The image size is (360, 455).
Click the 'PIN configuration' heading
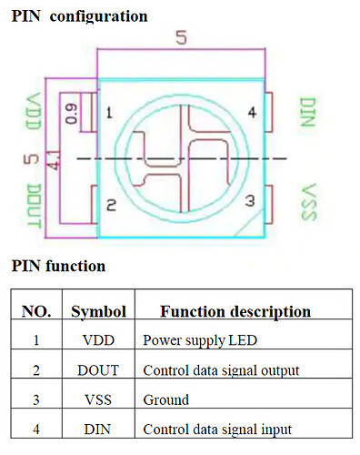pyautogui.click(x=79, y=15)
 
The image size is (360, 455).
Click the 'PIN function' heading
pyautogui.click(x=58, y=267)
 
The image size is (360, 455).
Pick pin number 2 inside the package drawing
pyautogui.click(x=109, y=206)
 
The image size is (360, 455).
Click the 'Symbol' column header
pyautogui.click(x=98, y=311)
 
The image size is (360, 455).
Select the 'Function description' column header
pyautogui.click(x=235, y=311)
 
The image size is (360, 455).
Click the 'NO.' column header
pyautogui.click(x=36, y=311)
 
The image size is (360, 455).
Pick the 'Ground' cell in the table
pyautogui.click(x=166, y=399)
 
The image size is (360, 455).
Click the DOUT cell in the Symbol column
pyautogui.click(x=98, y=370)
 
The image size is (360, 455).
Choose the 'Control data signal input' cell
pyautogui.click(x=217, y=430)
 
